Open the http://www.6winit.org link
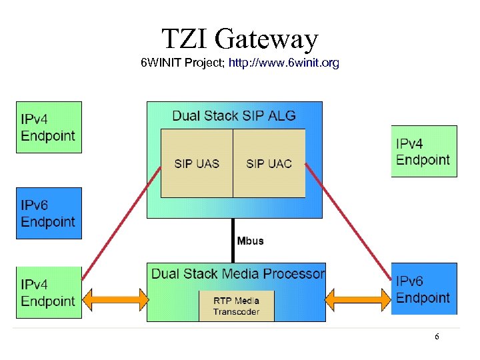pyautogui.click(x=283, y=63)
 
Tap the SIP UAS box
pyautogui.click(x=197, y=163)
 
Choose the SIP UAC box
pyautogui.click(x=269, y=163)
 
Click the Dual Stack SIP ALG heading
pyautogui.click(x=233, y=115)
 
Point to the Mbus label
pyautogui.click(x=251, y=241)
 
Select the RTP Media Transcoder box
pyautogui.click(x=236, y=306)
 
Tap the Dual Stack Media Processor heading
pyautogui.click(x=237, y=274)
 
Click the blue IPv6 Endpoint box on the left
pyautogui.click(x=49, y=213)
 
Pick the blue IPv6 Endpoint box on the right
pyautogui.click(x=424, y=289)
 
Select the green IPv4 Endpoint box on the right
pyautogui.click(x=424, y=151)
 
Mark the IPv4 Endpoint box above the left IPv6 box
pyautogui.click(x=49, y=127)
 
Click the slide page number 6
pyautogui.click(x=437, y=337)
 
